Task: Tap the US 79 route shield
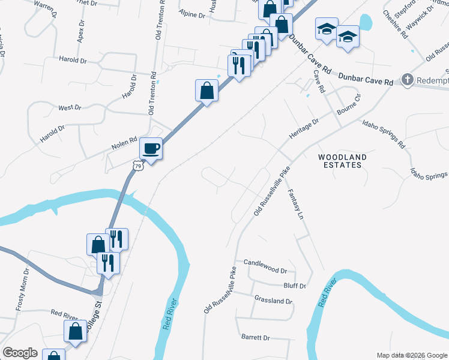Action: pos(138,166)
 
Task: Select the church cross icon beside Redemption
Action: pos(408,80)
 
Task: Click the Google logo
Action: pos(20,353)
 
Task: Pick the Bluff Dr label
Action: pos(294,286)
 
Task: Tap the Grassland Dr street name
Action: pos(273,301)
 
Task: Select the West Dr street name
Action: pos(70,107)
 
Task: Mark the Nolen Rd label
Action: pos(124,146)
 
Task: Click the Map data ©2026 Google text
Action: pos(412,355)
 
